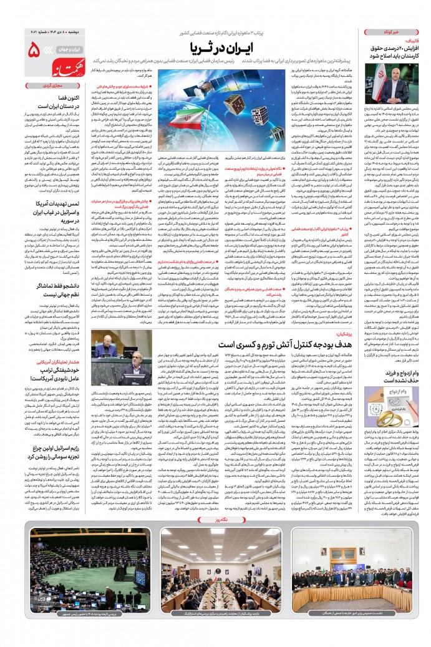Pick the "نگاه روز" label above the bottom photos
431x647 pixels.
click(215, 520)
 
